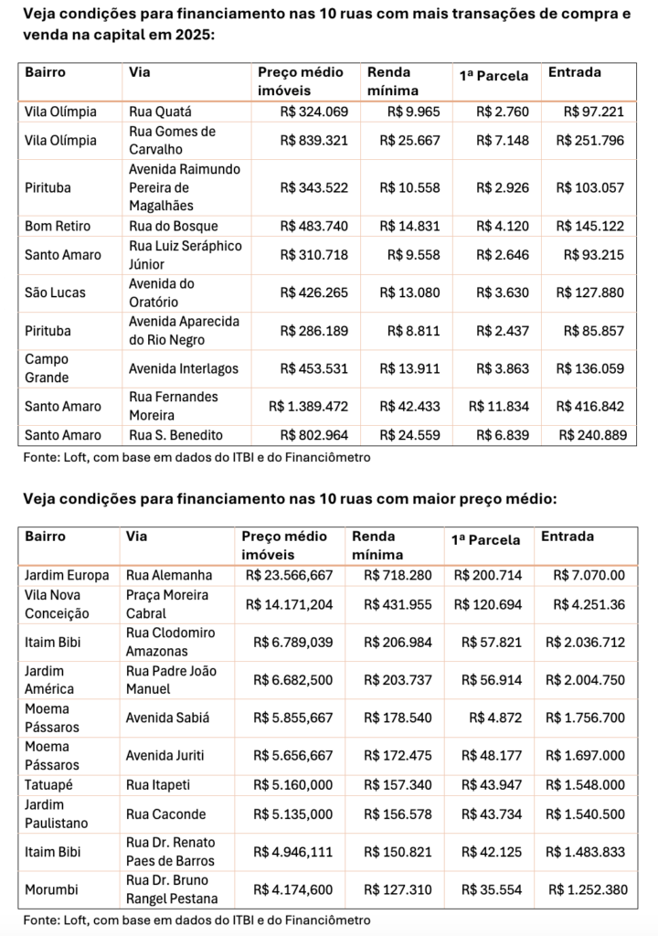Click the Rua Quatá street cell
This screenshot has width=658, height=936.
pos(160,112)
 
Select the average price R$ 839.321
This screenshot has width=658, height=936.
pos(313,141)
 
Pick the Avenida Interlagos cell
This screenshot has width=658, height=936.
pos(184,368)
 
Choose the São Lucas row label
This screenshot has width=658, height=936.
pos(56,292)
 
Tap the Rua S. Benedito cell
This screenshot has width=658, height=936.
pos(176,435)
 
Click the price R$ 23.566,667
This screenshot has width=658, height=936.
pos(290,576)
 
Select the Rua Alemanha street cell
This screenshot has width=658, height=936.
pos(169,576)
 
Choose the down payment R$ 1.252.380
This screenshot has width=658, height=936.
pos(587,888)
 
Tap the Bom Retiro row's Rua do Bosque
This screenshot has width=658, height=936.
pos(173,226)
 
